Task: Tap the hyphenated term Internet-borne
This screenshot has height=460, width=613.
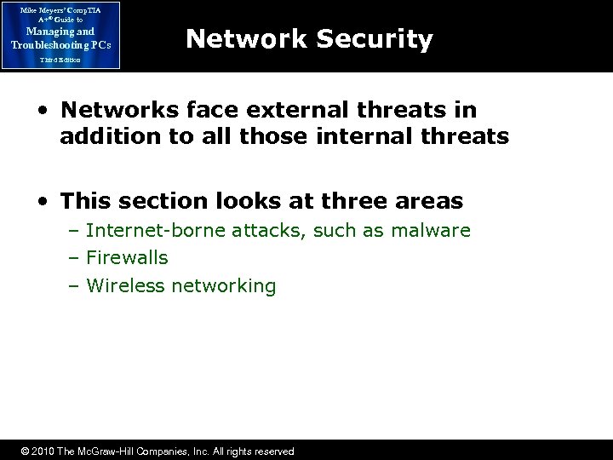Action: (142, 230)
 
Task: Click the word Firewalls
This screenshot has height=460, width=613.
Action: (127, 257)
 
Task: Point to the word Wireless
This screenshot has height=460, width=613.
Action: (125, 285)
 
